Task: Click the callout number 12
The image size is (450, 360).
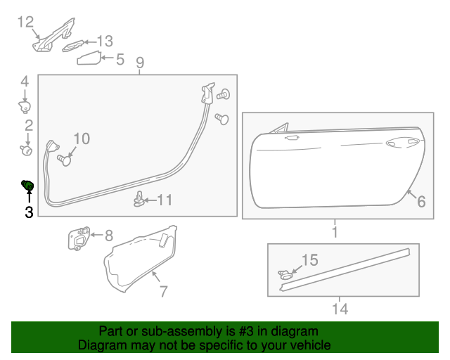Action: [x=25, y=22]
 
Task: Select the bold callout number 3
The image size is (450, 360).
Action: [x=29, y=212]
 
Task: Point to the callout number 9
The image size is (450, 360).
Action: [x=140, y=63]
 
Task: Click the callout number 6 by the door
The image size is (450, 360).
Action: [x=421, y=202]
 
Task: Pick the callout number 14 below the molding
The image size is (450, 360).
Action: [x=340, y=308]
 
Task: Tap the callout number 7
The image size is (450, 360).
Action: [x=163, y=290]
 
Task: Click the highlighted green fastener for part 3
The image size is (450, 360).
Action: [x=27, y=185]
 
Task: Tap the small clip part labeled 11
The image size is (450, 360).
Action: [x=140, y=201]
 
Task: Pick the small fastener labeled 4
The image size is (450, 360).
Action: [x=25, y=105]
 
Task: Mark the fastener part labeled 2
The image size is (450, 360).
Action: [x=27, y=148]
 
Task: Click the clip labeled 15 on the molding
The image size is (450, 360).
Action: [x=285, y=275]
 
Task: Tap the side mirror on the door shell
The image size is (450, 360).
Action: [x=282, y=129]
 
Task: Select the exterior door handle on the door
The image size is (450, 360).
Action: [x=397, y=143]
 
